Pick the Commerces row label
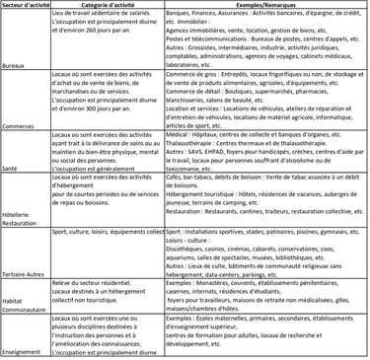click(19, 125)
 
